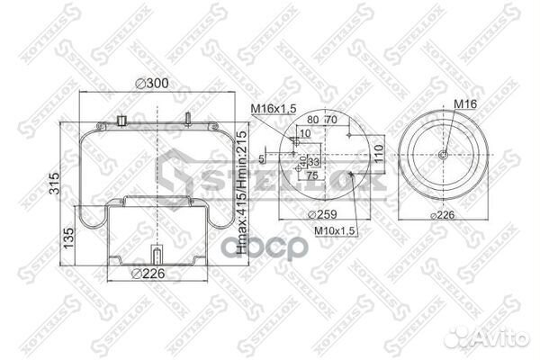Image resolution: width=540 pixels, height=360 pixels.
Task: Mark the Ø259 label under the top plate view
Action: (x=322, y=214)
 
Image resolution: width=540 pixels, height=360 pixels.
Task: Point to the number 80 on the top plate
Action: (x=311, y=119)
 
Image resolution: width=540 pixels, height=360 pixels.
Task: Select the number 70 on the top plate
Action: (x=331, y=119)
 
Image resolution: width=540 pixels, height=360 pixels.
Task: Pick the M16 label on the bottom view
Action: (x=465, y=104)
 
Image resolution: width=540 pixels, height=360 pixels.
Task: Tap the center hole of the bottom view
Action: (x=444, y=154)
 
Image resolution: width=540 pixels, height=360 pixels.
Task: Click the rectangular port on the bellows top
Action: (x=121, y=120)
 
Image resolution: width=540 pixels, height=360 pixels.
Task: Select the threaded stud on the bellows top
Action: (x=186, y=119)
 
